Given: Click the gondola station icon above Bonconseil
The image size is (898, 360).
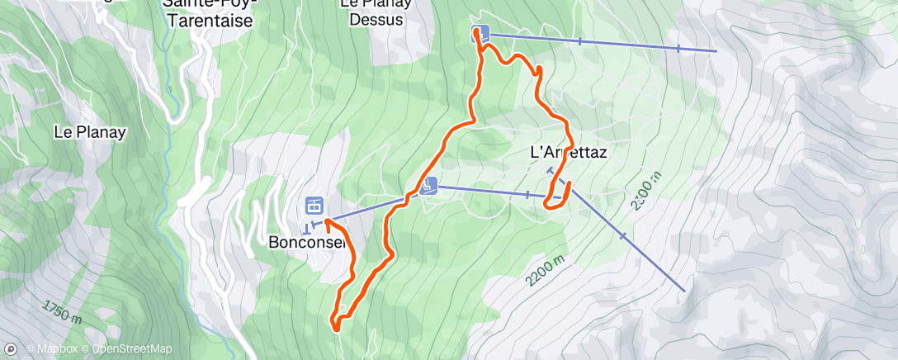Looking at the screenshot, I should click(x=313, y=205).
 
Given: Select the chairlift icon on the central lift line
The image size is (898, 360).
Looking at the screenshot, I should click(x=428, y=186).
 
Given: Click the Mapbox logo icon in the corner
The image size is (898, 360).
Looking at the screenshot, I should click(x=11, y=349).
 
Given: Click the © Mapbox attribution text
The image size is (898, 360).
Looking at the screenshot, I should click(x=53, y=349).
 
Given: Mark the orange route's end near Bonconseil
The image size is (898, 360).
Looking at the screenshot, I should click(x=327, y=220).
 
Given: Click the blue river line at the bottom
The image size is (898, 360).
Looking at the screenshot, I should click(x=231, y=339).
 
